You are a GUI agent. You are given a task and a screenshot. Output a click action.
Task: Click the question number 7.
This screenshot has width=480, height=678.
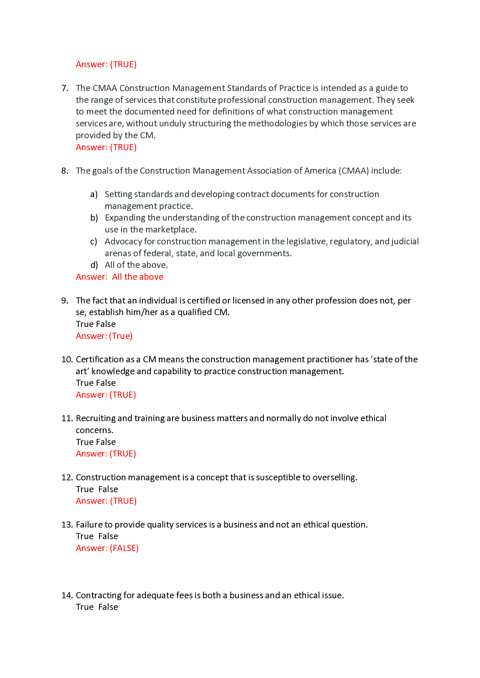pyautogui.click(x=65, y=88)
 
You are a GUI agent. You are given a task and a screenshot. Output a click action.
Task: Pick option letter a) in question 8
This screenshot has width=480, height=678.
pyautogui.click(x=94, y=194)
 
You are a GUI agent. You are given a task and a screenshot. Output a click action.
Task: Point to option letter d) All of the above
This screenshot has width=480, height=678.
pyautogui.click(x=94, y=265)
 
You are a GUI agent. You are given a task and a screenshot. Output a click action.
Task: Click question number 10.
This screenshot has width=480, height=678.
pyautogui.click(x=67, y=359)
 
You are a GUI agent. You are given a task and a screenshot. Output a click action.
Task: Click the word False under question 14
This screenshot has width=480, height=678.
pyautogui.click(x=108, y=607)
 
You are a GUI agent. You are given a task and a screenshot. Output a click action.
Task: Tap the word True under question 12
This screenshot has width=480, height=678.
pyautogui.click(x=85, y=489)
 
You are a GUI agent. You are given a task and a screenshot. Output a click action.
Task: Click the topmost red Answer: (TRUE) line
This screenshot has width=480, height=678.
pyautogui.click(x=106, y=64)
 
